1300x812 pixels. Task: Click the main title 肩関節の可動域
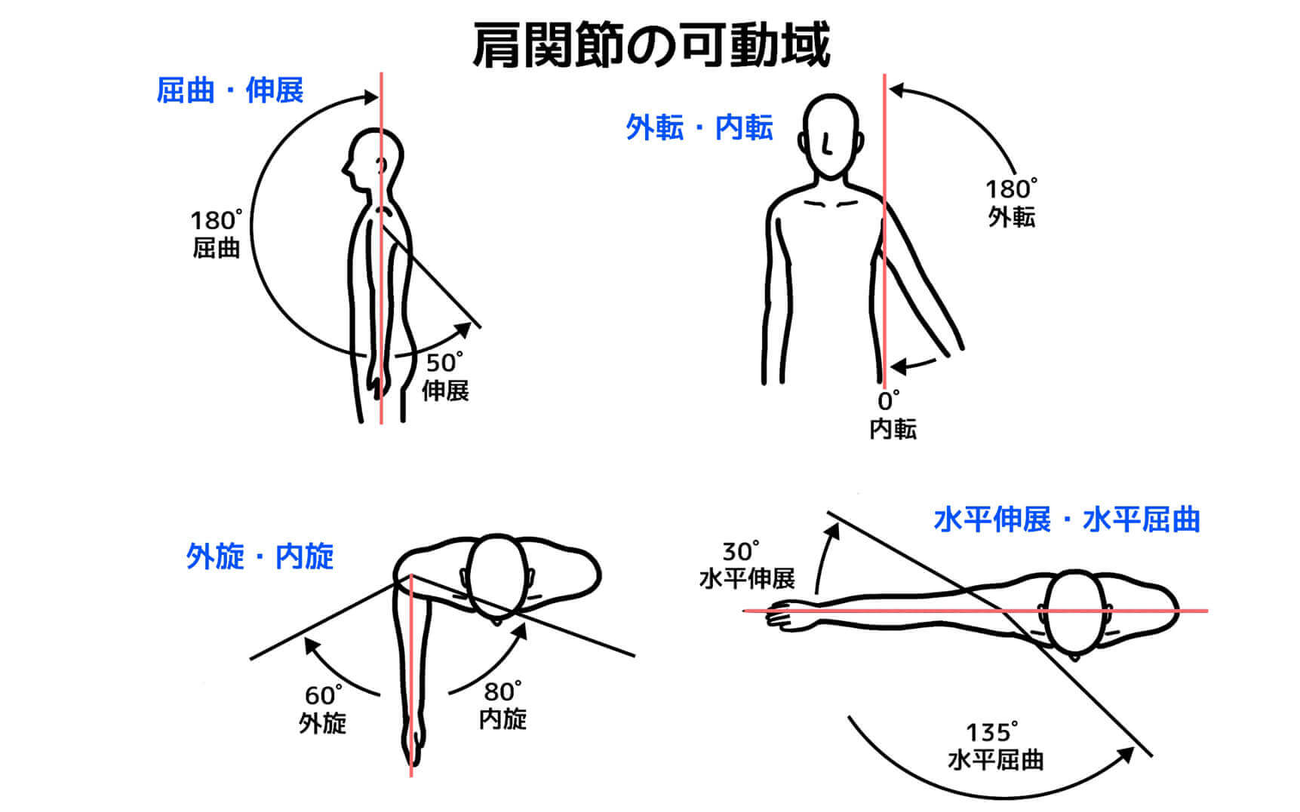650,44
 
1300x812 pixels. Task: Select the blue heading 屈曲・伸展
230,90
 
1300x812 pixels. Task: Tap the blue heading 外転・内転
699,127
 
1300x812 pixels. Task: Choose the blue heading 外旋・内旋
260,556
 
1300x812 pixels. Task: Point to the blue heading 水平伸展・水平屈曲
1066,519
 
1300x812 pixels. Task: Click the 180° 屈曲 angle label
217,234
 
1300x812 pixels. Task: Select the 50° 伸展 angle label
445,376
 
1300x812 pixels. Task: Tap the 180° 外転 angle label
1012,202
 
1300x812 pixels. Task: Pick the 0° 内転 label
893,415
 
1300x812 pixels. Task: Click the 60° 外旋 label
323,709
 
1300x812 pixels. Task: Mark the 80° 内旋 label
503,705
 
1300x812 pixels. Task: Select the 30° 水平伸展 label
747,565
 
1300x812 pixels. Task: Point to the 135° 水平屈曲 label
995,746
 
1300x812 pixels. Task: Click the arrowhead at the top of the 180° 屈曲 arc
370,97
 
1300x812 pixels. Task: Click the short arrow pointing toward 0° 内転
914,365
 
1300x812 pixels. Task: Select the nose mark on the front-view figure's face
828,144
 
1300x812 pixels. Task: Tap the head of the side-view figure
371,161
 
